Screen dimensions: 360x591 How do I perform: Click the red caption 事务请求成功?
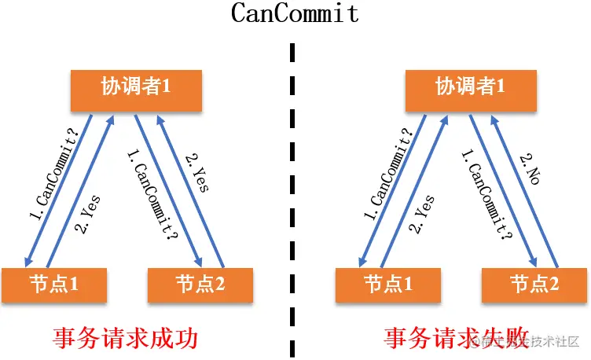tap(124, 338)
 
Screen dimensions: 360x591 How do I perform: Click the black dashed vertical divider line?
tap(293, 197)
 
